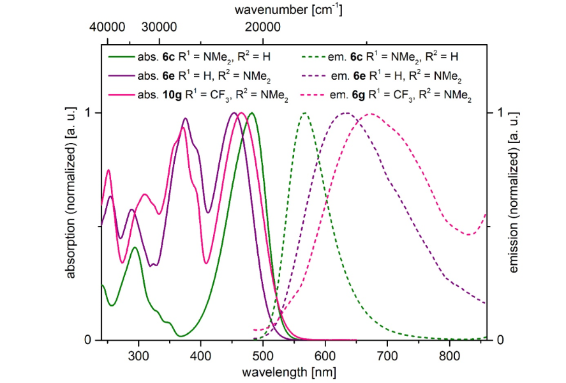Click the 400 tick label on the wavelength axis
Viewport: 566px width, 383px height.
click(x=200, y=355)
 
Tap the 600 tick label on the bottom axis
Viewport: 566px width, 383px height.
click(x=325, y=355)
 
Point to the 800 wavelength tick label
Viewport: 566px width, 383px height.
click(x=450, y=355)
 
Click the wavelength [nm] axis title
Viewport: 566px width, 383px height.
click(x=294, y=371)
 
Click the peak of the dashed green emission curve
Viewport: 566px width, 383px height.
click(x=306, y=113)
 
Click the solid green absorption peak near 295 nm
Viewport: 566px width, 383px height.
click(x=135, y=247)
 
